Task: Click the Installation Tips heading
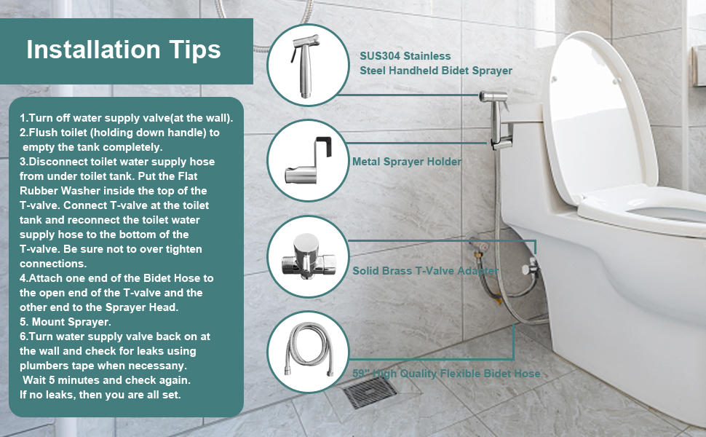124,50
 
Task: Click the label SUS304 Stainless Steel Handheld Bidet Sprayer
435,63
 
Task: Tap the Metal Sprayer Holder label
406,162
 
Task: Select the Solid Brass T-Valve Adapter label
425,271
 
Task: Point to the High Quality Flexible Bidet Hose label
445,374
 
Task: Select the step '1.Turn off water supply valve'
126,118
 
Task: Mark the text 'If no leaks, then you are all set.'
100,395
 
